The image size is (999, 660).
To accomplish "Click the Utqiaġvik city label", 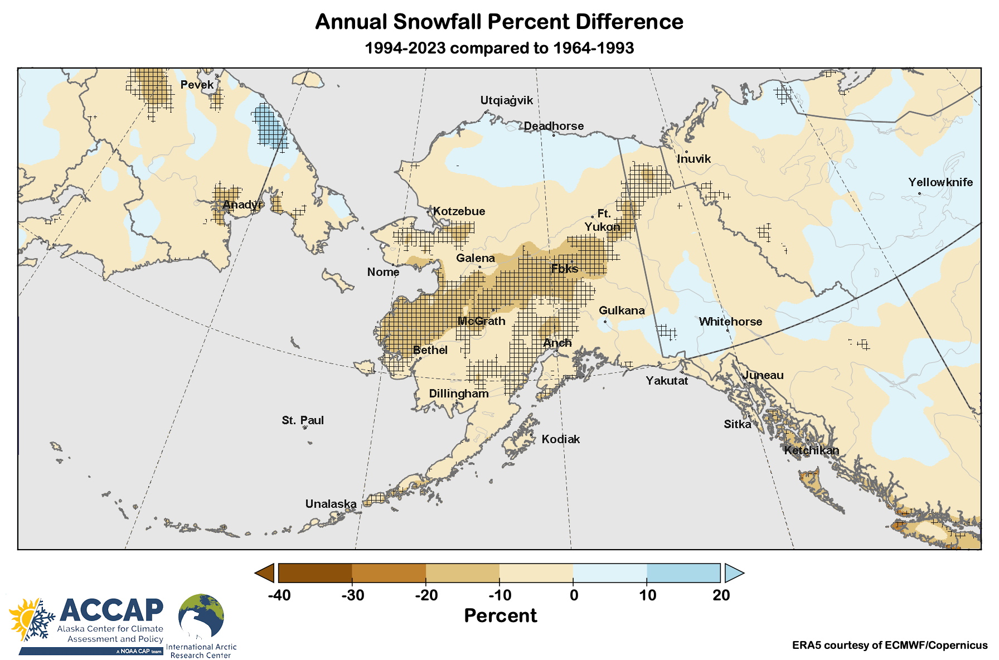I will pyautogui.click(x=506, y=100).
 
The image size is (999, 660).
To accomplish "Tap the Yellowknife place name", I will pyautogui.click(x=940, y=182).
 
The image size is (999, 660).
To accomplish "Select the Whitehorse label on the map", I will pyautogui.click(x=730, y=322).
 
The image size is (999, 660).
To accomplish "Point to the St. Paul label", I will pyautogui.click(x=303, y=420).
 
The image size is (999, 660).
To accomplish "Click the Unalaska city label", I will pyautogui.click(x=331, y=504).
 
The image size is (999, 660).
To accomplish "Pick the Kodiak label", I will pyautogui.click(x=561, y=439).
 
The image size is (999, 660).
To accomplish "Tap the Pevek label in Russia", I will pyautogui.click(x=197, y=85).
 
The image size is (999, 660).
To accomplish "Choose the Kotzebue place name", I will pyautogui.click(x=459, y=211).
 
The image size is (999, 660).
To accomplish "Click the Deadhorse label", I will pyautogui.click(x=554, y=126).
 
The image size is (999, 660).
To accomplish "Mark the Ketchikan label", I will pyautogui.click(x=811, y=450).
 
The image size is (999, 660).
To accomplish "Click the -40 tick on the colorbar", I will pyautogui.click(x=279, y=595).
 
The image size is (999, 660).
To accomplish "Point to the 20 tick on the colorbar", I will pyautogui.click(x=721, y=595).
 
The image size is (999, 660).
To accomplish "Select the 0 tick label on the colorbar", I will pyautogui.click(x=574, y=595).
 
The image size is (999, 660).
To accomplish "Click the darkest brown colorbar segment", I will pyautogui.click(x=315, y=573).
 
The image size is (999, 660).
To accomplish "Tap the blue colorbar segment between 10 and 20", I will pyautogui.click(x=683, y=573).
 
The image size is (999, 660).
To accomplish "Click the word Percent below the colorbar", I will pyautogui.click(x=500, y=615).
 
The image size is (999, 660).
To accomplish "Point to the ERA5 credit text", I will pyautogui.click(x=889, y=646).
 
